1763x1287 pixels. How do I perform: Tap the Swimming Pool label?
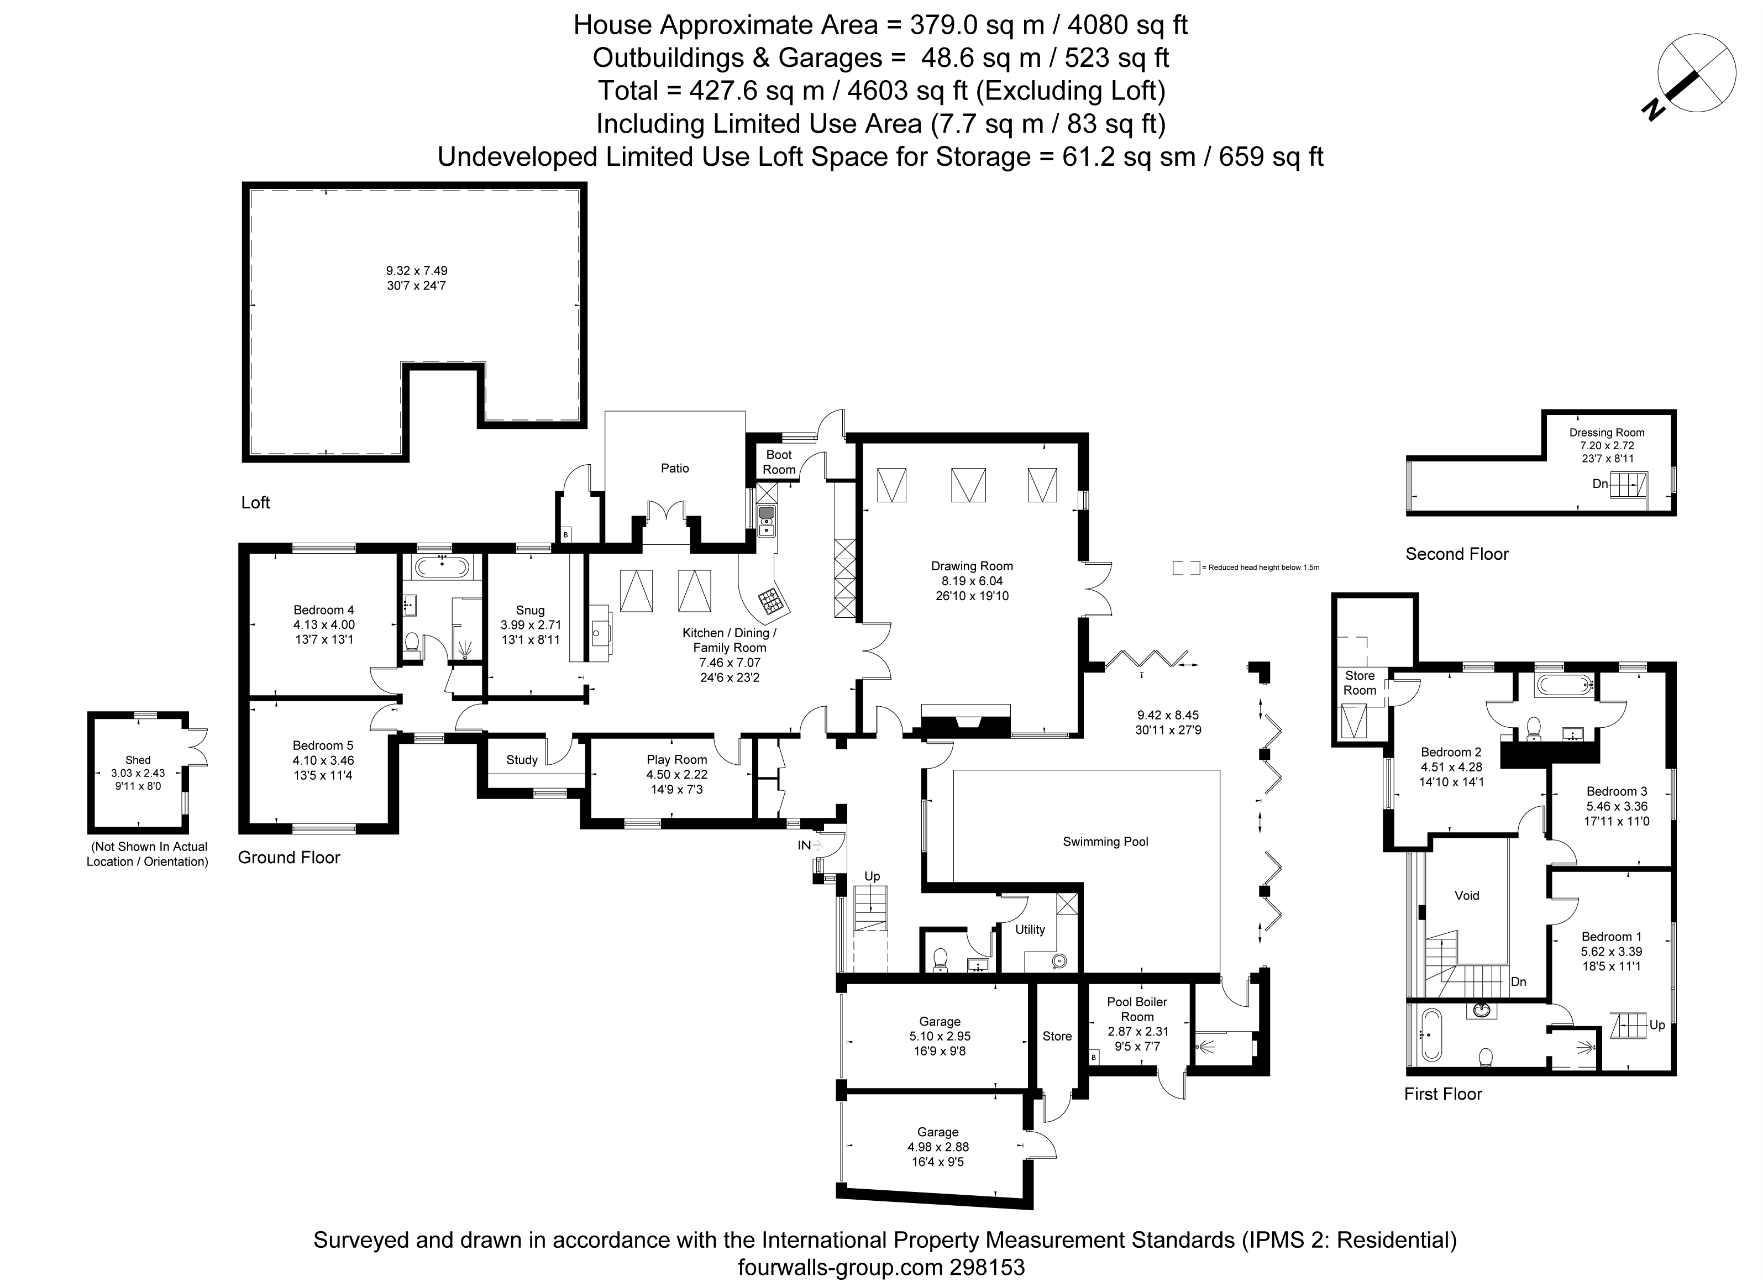1105,842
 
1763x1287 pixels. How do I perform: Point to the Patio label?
675,468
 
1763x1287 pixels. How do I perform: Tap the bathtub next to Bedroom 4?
442,566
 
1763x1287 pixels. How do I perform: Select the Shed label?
138,760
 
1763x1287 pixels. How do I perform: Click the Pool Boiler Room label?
1137,1010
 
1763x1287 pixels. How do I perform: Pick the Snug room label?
530,610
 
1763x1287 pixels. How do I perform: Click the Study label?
521,760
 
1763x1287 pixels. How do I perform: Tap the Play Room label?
676,760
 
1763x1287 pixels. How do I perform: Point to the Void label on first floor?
1466,895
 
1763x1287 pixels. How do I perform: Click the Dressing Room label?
1607,432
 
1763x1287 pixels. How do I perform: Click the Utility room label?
1029,929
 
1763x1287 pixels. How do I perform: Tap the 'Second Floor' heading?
1456,554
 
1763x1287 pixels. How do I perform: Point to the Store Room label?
1360,682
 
